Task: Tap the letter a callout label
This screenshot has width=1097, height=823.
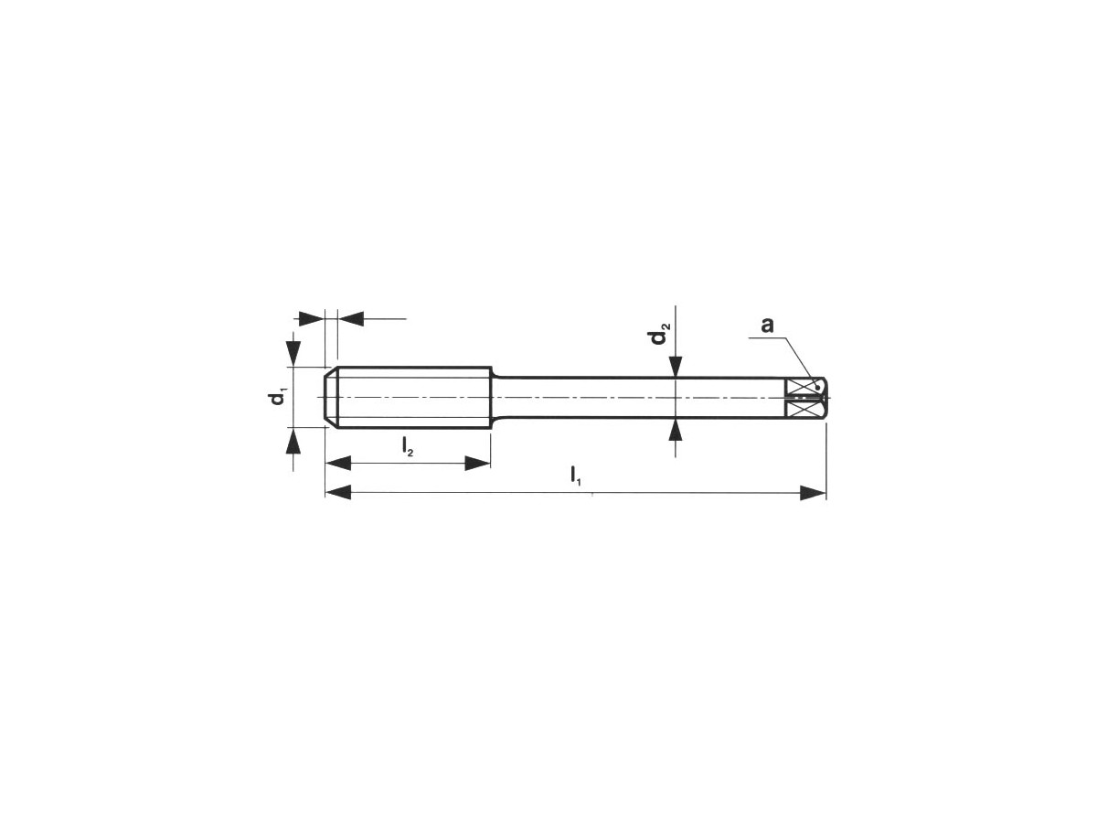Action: [767, 326]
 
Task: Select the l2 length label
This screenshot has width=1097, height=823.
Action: [408, 446]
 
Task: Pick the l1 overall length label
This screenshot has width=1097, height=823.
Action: [576, 475]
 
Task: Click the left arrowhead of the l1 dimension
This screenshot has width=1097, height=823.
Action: [338, 493]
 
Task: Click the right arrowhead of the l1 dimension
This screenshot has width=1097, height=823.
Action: [813, 493]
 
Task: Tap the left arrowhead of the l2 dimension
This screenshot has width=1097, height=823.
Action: [338, 464]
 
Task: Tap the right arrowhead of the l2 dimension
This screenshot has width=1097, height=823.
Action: [478, 464]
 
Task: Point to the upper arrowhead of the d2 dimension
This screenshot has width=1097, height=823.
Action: [676, 367]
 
